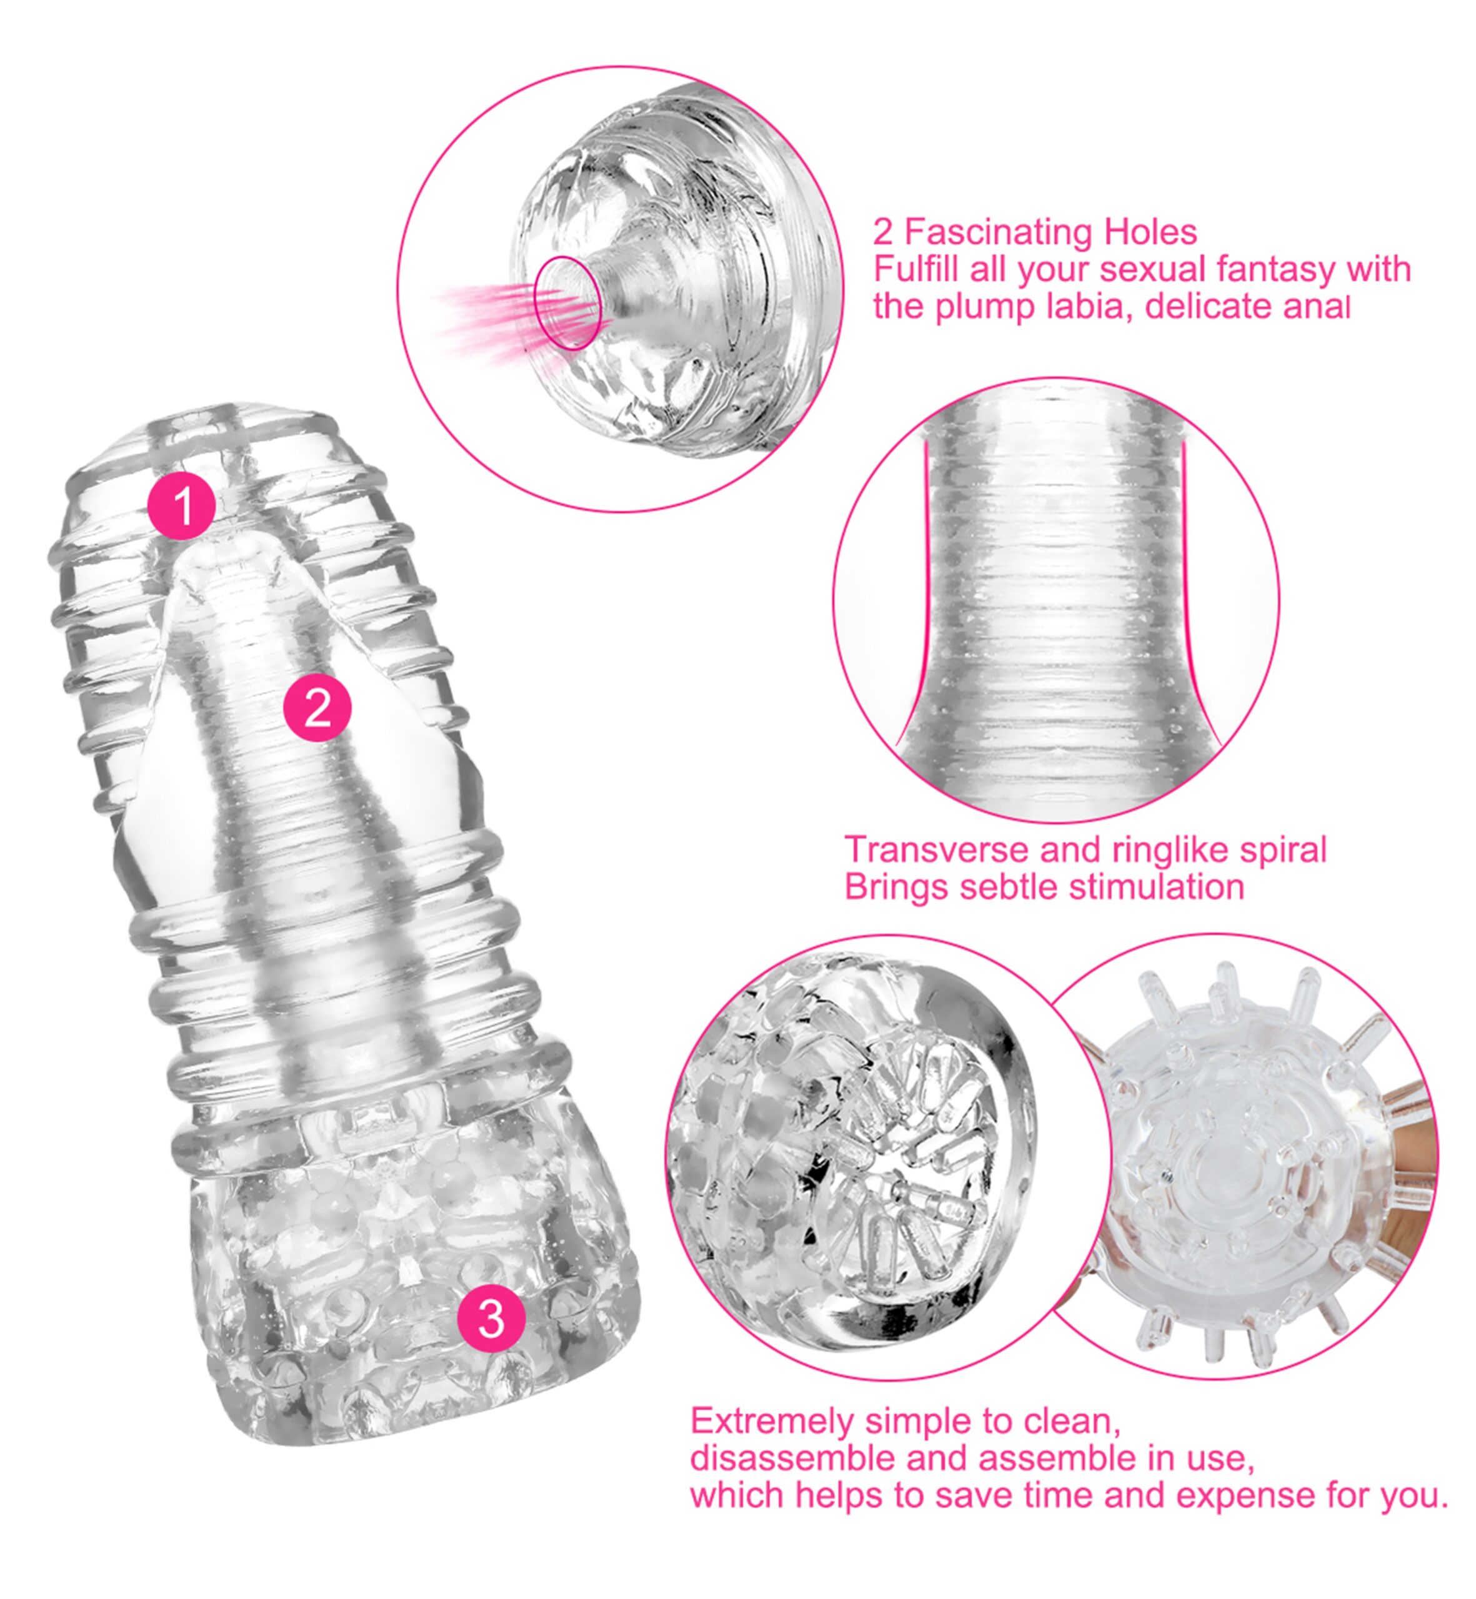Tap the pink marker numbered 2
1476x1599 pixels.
pyautogui.click(x=318, y=707)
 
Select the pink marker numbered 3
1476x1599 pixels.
pyautogui.click(x=491, y=1319)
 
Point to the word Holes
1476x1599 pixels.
pyautogui.click(x=1151, y=232)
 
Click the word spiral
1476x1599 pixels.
pyautogui.click(x=1284, y=850)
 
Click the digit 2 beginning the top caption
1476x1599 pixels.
pyautogui.click(x=882, y=232)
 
